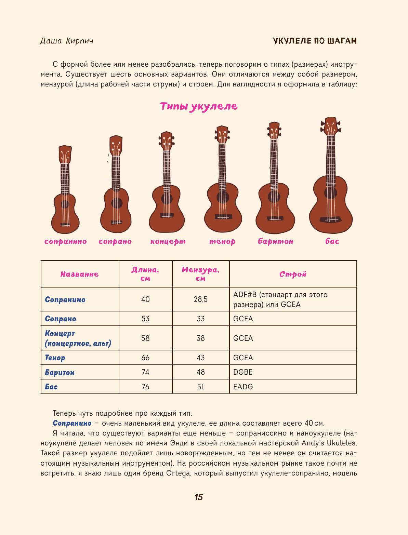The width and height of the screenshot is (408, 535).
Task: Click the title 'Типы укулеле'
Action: click(199, 106)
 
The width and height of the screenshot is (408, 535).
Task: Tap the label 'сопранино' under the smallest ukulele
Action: click(65, 242)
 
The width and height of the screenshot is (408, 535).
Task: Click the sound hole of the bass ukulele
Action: click(330, 192)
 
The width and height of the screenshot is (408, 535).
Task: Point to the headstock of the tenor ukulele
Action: click(222, 135)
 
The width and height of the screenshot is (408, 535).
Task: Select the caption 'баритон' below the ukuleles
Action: click(276, 242)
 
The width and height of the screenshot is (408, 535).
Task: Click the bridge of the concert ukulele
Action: click(167, 215)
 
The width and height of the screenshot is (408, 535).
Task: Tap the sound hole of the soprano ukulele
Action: click(117, 203)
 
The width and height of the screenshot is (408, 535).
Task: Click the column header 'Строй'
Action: click(293, 274)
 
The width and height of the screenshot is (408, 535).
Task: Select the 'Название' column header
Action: click(80, 274)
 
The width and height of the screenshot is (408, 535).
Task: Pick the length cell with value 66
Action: click(145, 358)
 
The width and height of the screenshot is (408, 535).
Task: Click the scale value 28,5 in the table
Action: click(200, 299)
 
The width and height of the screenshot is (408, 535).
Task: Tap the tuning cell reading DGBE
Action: click(243, 372)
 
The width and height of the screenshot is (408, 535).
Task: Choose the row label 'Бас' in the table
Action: click(51, 387)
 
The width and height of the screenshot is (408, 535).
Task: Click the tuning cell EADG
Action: click(243, 387)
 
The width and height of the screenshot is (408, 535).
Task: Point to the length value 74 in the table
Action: click(145, 372)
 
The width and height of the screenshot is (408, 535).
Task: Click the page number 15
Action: click(199, 497)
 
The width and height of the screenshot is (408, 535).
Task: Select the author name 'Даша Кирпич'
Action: click(67, 41)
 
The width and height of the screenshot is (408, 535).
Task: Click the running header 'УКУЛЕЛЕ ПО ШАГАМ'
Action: click(315, 41)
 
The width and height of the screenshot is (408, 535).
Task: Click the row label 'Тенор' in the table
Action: click(55, 358)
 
